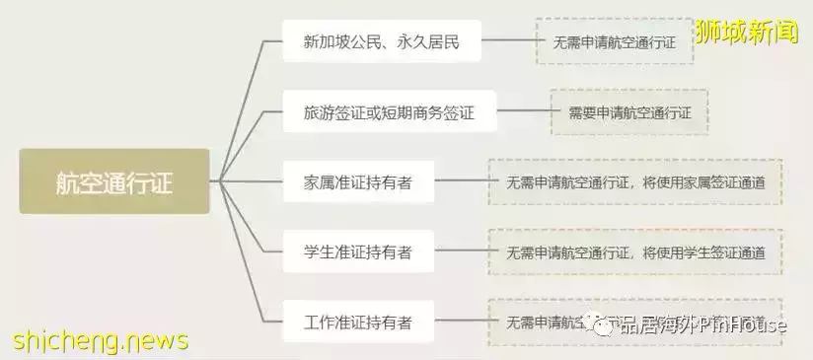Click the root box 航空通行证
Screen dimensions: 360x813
point(114,181)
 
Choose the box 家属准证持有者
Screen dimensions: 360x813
point(358,181)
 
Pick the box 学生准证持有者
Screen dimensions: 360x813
point(358,252)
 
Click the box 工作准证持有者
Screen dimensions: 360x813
point(358,322)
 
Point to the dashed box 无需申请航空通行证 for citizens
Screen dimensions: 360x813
point(615,41)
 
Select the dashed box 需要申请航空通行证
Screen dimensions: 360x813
point(629,112)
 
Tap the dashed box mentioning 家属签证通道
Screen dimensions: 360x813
point(634,181)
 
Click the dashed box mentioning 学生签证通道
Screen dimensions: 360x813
point(634,252)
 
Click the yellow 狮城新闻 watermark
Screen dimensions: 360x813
point(747,32)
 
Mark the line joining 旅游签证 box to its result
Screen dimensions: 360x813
point(523,112)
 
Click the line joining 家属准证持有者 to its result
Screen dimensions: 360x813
point(461,181)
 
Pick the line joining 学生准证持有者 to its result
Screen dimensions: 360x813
point(461,252)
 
